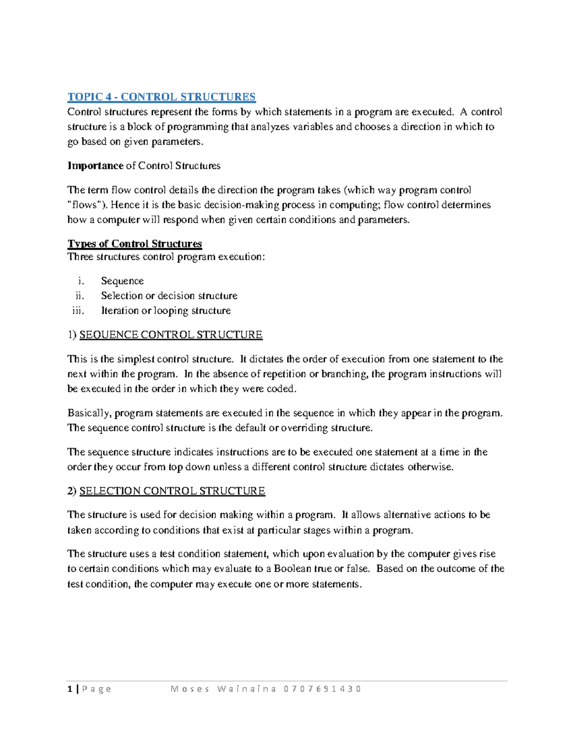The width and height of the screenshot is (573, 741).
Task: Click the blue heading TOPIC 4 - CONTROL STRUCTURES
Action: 161,97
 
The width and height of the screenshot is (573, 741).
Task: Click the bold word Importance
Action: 95,166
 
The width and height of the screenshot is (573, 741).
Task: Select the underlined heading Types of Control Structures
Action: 135,244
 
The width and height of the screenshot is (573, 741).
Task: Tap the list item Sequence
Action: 122,281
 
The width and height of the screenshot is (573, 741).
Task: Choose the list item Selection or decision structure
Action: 169,296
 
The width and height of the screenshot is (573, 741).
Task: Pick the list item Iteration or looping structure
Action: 166,311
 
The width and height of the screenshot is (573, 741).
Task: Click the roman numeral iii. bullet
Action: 78,311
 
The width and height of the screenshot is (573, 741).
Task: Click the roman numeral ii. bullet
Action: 79,296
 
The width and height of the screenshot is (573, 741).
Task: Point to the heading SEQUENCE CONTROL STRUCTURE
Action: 170,335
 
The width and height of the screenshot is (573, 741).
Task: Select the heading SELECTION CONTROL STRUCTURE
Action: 172,491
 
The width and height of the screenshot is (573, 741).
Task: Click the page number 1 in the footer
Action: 70,689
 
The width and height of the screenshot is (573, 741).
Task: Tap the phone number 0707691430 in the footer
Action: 322,689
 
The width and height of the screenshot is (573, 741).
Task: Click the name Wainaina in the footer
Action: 247,689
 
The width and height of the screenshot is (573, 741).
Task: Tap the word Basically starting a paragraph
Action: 88,413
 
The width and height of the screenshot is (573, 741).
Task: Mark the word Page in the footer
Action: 97,689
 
